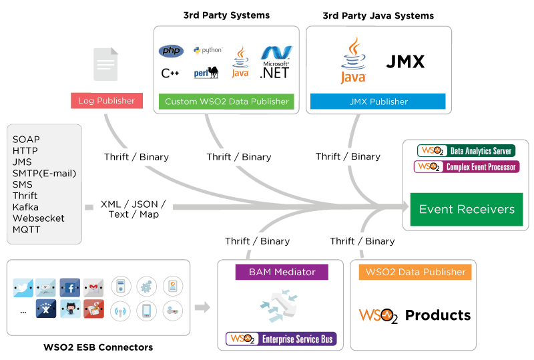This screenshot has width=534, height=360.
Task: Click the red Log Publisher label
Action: [x=107, y=101]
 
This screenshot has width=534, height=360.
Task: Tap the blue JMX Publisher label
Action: [x=378, y=102]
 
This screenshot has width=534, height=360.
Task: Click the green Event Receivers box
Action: [x=467, y=209]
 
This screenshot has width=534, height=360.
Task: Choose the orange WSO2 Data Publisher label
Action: [x=415, y=272]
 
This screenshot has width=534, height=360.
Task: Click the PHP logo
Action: [x=171, y=51]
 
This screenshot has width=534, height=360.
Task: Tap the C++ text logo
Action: [x=170, y=73]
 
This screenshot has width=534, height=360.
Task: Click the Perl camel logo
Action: [x=206, y=72]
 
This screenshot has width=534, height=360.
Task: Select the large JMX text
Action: [x=405, y=62]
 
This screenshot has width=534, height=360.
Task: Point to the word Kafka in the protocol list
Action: [x=25, y=207]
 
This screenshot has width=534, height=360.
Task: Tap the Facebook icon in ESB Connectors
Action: [x=69, y=288]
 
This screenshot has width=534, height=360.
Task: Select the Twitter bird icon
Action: [x=22, y=288]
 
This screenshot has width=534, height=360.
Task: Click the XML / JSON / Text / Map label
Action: [x=133, y=209]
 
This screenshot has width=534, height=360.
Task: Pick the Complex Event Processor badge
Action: [x=466, y=166]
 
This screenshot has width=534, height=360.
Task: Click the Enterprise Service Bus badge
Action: [x=281, y=339]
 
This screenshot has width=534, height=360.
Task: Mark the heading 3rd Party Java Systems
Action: [x=378, y=15]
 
